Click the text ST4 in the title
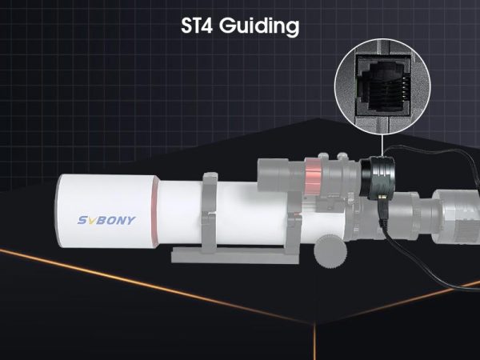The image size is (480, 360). pos(197,26)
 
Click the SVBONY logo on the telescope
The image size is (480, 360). pos(106,220)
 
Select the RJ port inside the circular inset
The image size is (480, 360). pos(383,86)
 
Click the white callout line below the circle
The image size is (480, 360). pos(382,145)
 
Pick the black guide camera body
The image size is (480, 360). pos(377,178)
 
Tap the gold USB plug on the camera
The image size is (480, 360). pos(383,199)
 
